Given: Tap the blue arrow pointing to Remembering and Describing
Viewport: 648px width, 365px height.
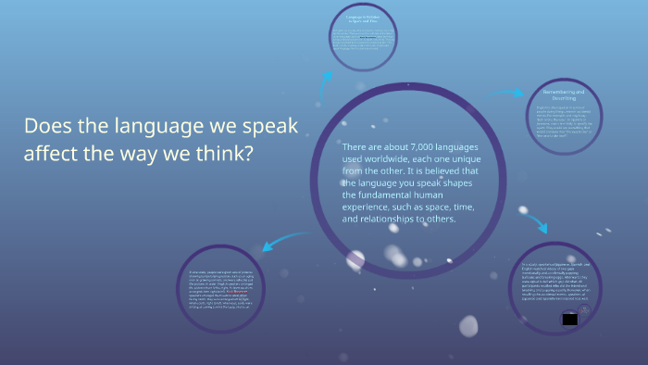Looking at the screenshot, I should [505, 93].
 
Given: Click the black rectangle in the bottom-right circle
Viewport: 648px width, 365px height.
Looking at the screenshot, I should [569, 319].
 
